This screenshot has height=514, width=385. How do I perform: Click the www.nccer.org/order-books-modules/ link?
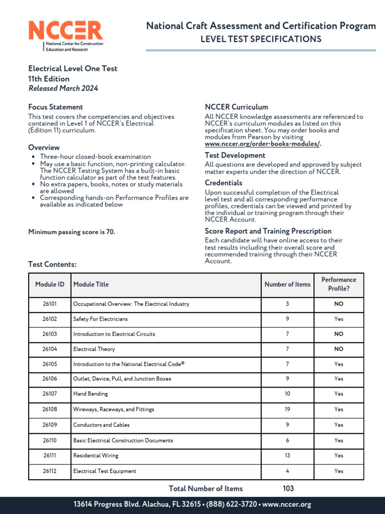coord(263,144)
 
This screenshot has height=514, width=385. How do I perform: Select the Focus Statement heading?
coord(56,107)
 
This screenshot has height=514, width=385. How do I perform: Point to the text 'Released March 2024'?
coord(63,88)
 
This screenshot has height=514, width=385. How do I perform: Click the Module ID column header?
coord(50,285)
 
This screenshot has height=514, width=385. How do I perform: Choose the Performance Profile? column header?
coord(338,284)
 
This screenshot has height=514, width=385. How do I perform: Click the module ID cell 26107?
coord(50,394)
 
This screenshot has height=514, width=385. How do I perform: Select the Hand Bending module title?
coord(91,394)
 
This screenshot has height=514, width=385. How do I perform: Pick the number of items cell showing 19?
coord(287,410)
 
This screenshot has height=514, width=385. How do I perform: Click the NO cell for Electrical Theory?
coord(338,349)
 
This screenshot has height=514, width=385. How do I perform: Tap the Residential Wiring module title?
coord(96,456)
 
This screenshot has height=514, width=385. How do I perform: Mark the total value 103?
coord(288,488)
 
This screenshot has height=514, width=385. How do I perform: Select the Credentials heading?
coord(224,183)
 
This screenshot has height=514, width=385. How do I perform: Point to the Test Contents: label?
coord(53,264)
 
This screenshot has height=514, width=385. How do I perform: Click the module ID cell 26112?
coord(50,471)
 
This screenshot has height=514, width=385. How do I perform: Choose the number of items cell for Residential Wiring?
coord(287,456)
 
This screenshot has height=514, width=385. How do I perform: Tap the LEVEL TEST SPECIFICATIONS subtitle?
coord(261,39)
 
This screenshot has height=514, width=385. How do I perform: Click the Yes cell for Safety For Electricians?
coord(338,319)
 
